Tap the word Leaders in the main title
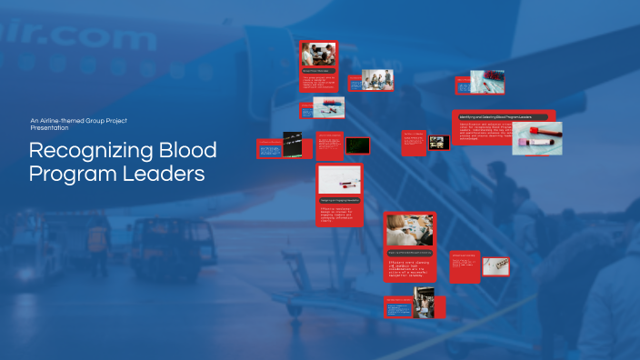pos(165,172)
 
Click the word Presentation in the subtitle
pos(49,128)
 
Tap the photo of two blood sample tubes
pos(536,138)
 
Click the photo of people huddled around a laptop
pos(319,55)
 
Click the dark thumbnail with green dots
pos(357,145)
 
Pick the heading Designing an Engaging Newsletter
pos(339,200)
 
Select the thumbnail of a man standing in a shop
pos(425,304)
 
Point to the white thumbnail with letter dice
pos(495,265)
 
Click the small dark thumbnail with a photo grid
pos(439,143)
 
